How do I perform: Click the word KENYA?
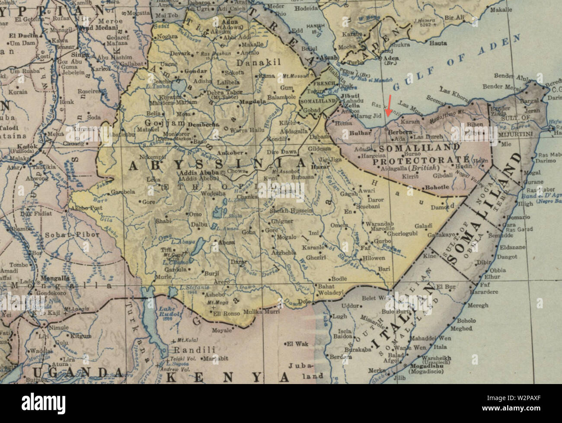click(228, 377)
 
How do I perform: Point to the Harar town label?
click(320, 166)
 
